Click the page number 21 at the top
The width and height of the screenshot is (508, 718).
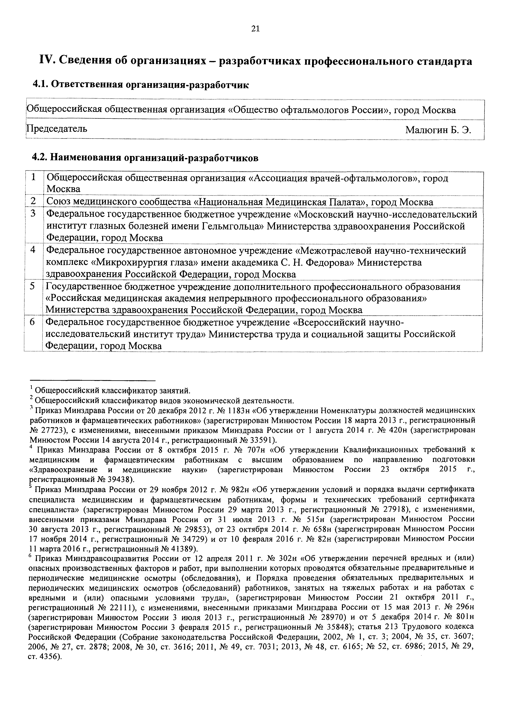click(255, 29)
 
